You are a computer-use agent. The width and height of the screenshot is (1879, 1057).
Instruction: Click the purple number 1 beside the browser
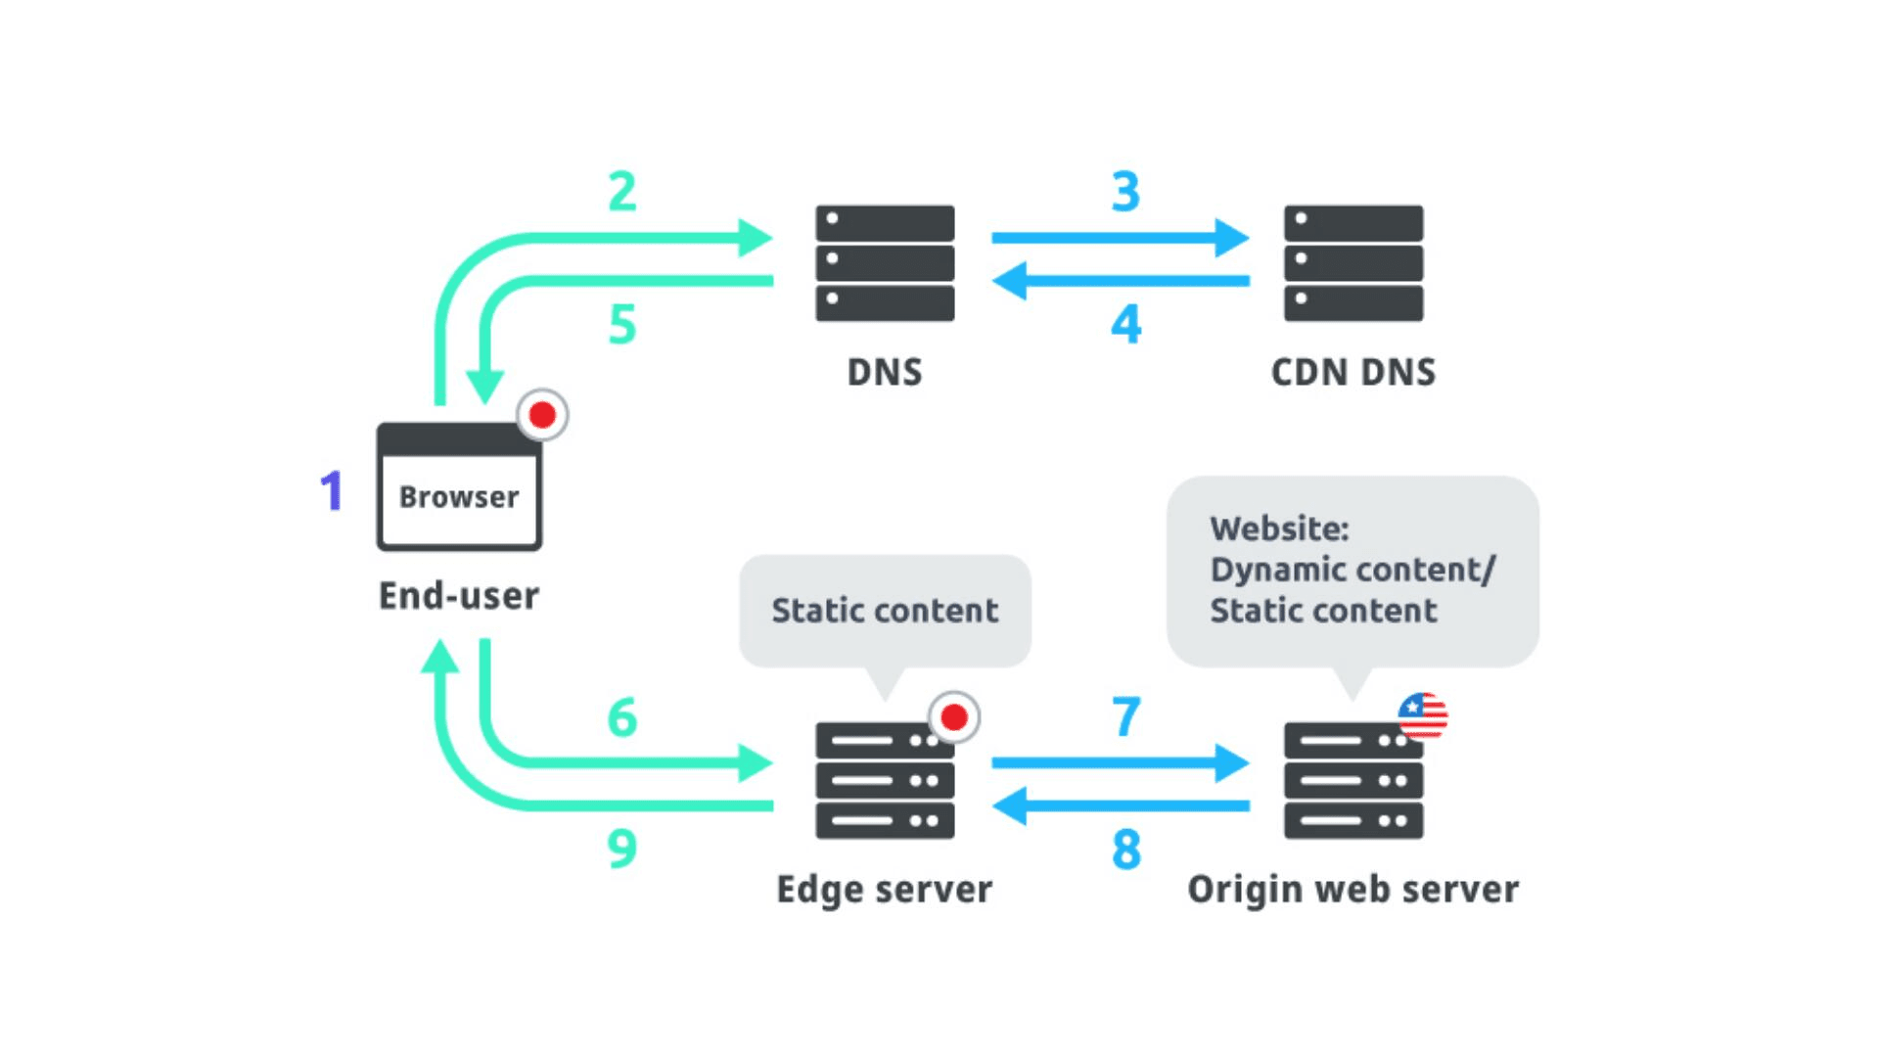(x=332, y=490)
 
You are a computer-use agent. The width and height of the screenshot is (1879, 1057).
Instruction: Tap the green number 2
(x=622, y=191)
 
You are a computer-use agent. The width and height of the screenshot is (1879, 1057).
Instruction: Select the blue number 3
(x=1125, y=192)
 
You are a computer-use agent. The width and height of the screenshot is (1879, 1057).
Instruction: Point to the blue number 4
(x=1125, y=324)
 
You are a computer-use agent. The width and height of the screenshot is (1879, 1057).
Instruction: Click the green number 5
(x=622, y=324)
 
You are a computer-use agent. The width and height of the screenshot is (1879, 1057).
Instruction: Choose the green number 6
(x=622, y=717)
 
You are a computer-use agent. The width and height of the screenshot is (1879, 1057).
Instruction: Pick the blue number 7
(x=1125, y=717)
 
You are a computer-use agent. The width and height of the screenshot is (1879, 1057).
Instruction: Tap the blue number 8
(x=1125, y=849)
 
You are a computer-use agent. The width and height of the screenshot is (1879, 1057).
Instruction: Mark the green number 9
(x=622, y=849)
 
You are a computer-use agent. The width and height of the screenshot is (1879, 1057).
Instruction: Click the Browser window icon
(x=459, y=486)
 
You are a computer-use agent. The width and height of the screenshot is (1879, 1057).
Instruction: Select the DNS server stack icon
(x=885, y=262)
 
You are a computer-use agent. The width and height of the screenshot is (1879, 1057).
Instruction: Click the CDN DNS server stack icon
(x=1352, y=262)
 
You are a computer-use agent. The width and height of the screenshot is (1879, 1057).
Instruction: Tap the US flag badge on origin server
(x=1422, y=715)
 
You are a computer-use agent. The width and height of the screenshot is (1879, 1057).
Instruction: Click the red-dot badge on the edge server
(x=953, y=717)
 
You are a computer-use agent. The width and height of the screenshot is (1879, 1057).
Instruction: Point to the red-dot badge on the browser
(x=542, y=415)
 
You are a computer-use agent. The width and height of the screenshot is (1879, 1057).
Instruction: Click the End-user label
(x=459, y=595)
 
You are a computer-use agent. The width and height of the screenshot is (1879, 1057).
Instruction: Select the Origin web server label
(x=1352, y=889)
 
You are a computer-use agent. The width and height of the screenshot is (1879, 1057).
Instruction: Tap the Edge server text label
(x=884, y=889)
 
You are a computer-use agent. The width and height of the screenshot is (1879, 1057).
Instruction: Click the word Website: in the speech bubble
(x=1279, y=528)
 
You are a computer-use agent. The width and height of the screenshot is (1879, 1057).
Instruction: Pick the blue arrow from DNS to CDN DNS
(x=1120, y=238)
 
